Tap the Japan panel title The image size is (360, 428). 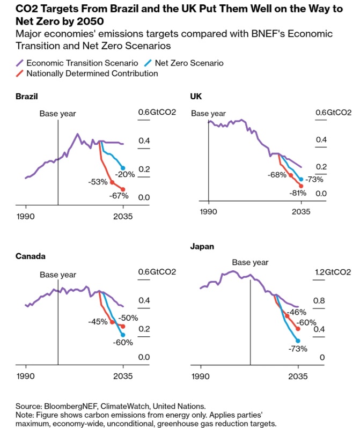(202, 246)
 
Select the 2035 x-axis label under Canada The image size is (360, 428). (123, 376)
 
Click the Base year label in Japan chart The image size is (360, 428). (250, 262)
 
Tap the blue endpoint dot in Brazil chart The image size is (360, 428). (123, 168)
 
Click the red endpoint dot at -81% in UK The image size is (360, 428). (301, 186)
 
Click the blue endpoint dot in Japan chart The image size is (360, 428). (298, 341)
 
